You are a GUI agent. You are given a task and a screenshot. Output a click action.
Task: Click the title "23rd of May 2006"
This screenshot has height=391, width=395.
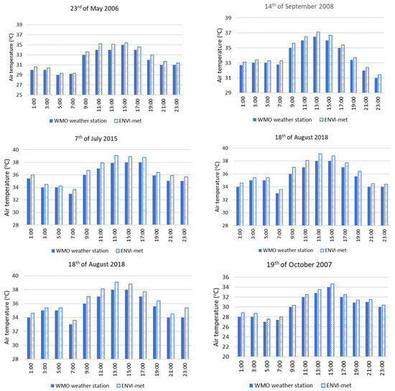pos(101,9)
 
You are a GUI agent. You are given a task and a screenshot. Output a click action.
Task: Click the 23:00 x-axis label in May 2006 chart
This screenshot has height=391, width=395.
pos(176,103)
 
